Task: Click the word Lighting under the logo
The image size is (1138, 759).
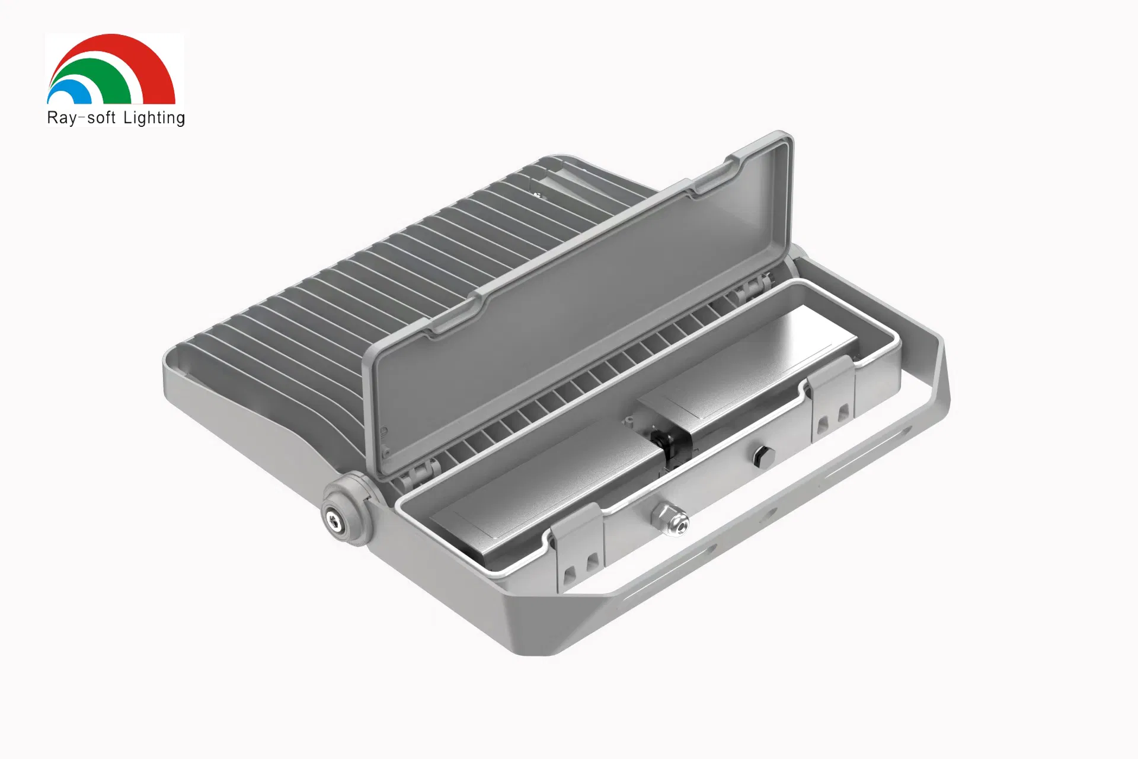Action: (154, 118)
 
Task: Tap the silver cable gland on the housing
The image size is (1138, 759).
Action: (670, 518)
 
